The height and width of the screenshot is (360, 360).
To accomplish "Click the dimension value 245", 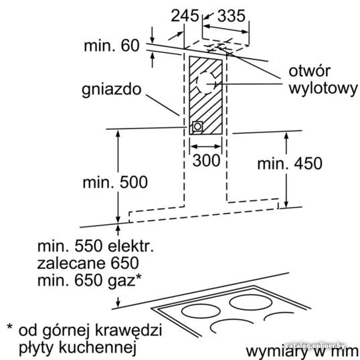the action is coord(185,15).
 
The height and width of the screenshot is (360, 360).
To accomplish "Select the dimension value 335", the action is coord(232,15).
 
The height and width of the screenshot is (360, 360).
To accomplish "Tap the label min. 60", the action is coord(112,46).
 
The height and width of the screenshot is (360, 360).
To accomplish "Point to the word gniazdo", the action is coord(111,90).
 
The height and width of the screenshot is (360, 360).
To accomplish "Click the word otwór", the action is coord(310,71).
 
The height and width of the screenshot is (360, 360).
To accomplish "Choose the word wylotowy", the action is coord(323,89).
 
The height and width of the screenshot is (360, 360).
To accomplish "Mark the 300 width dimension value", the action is coord(206,160).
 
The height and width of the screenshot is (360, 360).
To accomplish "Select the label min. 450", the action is coord(290,163).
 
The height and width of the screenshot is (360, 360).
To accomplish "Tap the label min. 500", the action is coord(115,183).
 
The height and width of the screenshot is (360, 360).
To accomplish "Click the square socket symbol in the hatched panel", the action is coord(197,126).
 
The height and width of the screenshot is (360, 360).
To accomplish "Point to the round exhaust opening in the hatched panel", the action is coord(206,83).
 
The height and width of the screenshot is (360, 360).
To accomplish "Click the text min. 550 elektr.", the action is coord(96,246).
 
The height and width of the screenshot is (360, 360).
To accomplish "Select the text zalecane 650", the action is coord(88,264).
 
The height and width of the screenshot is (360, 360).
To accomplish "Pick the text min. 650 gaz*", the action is coord(89,280).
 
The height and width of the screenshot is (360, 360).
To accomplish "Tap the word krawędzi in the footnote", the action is coord(128,331).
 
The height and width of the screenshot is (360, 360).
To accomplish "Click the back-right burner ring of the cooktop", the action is coord(251,302).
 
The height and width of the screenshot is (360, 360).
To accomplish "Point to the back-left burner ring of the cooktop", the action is coord(201,312).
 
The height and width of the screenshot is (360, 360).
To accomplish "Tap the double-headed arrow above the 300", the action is coord(206,147).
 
